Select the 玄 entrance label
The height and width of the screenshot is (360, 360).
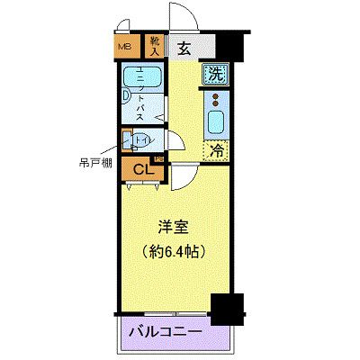tap(184, 49)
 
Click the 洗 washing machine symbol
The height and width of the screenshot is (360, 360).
tap(216, 75)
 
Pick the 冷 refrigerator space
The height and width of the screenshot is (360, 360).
tap(216, 153)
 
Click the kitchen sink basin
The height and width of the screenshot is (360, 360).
tap(216, 121)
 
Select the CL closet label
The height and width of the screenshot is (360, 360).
tap(142, 167)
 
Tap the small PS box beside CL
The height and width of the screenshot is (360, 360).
tap(159, 159)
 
